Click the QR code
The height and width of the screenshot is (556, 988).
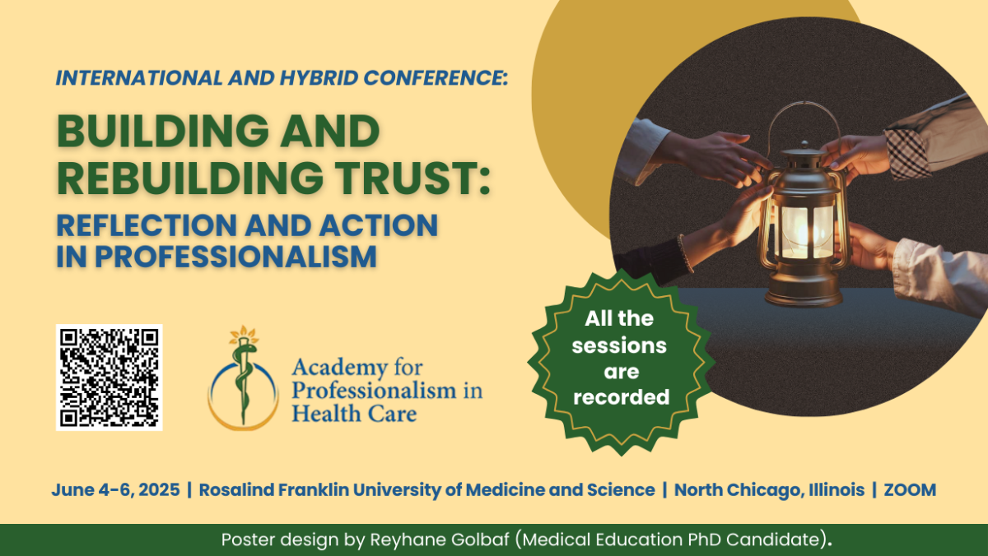tap(109, 378)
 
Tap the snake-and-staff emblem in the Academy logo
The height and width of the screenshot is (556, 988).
tap(243, 378)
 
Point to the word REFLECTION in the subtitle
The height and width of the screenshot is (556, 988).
tap(147, 225)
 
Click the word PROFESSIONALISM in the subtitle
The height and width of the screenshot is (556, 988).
tap(236, 257)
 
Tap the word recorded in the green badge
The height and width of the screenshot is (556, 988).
tap(621, 397)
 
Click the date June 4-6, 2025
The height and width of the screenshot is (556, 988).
tap(115, 490)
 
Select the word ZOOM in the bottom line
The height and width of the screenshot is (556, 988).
tap(910, 490)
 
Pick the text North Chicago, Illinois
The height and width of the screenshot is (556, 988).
tap(769, 490)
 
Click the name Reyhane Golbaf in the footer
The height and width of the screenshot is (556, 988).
tap(440, 540)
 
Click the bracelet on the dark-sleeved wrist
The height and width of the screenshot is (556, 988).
tap(685, 253)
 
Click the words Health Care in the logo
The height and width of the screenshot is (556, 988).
tap(354, 414)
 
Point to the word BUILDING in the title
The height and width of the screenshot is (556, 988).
tap(162, 132)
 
